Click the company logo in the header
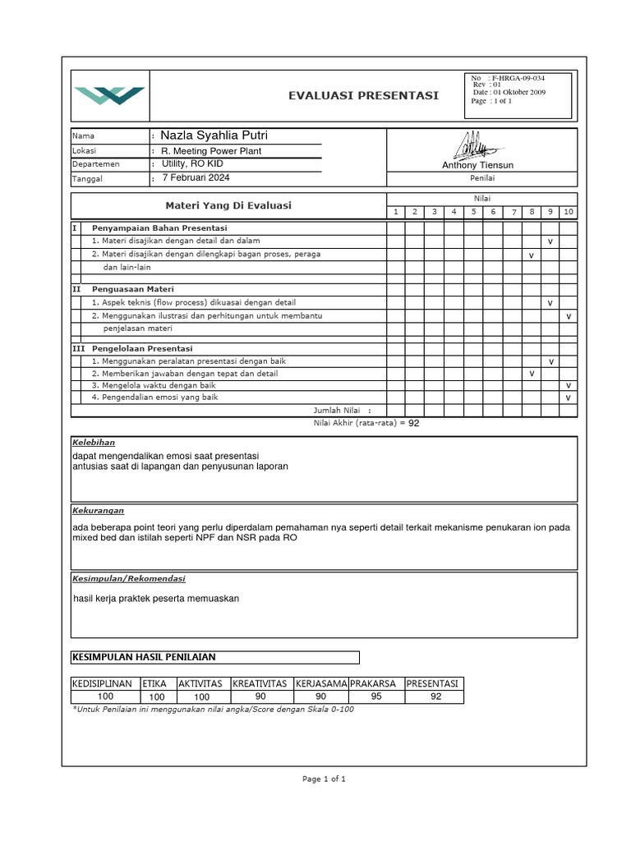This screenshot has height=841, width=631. click(x=109, y=95)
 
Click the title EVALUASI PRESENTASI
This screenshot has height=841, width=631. click(x=363, y=95)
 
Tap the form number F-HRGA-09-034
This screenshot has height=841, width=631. click(x=518, y=78)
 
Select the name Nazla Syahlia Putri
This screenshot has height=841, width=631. click(x=214, y=136)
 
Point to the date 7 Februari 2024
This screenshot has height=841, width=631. click(x=196, y=177)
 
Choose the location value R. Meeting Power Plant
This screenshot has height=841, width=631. click(x=211, y=151)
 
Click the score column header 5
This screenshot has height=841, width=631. click(x=472, y=212)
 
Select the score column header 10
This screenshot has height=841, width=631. click(x=568, y=212)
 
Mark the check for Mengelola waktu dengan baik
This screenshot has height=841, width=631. click(x=568, y=385)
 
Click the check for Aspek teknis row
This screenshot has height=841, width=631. click(x=550, y=303)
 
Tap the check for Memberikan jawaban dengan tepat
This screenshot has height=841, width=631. click(x=531, y=374)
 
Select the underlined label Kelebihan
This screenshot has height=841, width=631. click(x=94, y=442)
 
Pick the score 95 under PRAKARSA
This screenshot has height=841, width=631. click(x=375, y=697)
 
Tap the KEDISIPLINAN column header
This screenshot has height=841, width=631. click(x=105, y=683)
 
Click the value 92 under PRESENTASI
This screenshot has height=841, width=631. click(x=435, y=697)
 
